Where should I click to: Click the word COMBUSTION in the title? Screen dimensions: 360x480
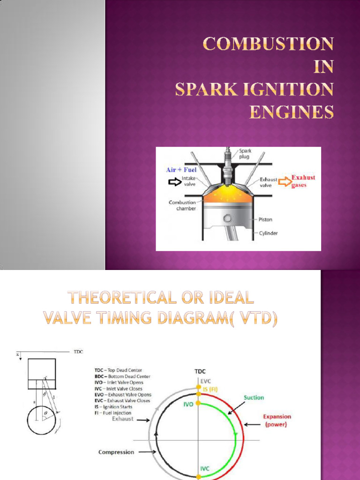[268, 45]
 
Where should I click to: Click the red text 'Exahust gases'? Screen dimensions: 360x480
[303, 181]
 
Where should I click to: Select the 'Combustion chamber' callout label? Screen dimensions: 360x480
[182, 205]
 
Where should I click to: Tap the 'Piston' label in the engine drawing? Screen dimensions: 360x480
[265, 219]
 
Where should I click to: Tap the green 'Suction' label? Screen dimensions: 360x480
[254, 397]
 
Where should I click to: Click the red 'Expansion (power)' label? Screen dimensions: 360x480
[277, 420]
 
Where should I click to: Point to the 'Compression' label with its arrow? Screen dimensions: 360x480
[116, 452]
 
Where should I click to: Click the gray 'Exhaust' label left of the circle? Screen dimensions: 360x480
[123, 419]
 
